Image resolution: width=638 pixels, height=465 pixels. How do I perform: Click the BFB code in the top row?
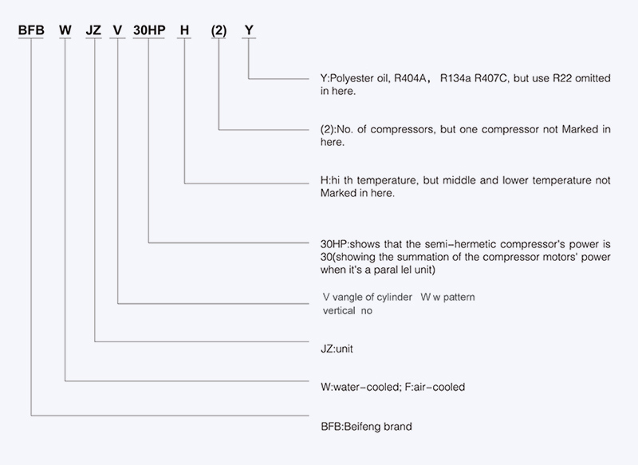point(31,30)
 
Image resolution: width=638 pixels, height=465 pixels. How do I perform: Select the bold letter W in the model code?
point(65,30)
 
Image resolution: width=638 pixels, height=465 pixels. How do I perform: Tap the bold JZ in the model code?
point(93,30)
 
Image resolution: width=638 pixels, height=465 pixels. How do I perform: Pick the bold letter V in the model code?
point(117,30)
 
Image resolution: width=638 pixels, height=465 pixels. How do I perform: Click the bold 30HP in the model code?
point(149,30)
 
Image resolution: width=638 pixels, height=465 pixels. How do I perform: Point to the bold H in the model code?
point(184,30)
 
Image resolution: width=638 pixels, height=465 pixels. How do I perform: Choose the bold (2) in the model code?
point(219,30)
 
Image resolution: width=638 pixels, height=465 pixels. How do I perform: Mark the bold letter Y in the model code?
point(249,30)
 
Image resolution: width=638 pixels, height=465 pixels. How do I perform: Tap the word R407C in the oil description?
point(491,78)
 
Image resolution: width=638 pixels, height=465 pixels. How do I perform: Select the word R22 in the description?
point(562,78)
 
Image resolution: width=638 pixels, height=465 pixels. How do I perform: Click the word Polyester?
point(347,78)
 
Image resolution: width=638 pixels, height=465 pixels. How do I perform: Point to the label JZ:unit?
point(337,349)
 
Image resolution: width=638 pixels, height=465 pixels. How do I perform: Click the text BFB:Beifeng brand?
point(366,427)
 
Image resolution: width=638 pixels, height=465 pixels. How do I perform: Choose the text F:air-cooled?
point(435,387)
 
